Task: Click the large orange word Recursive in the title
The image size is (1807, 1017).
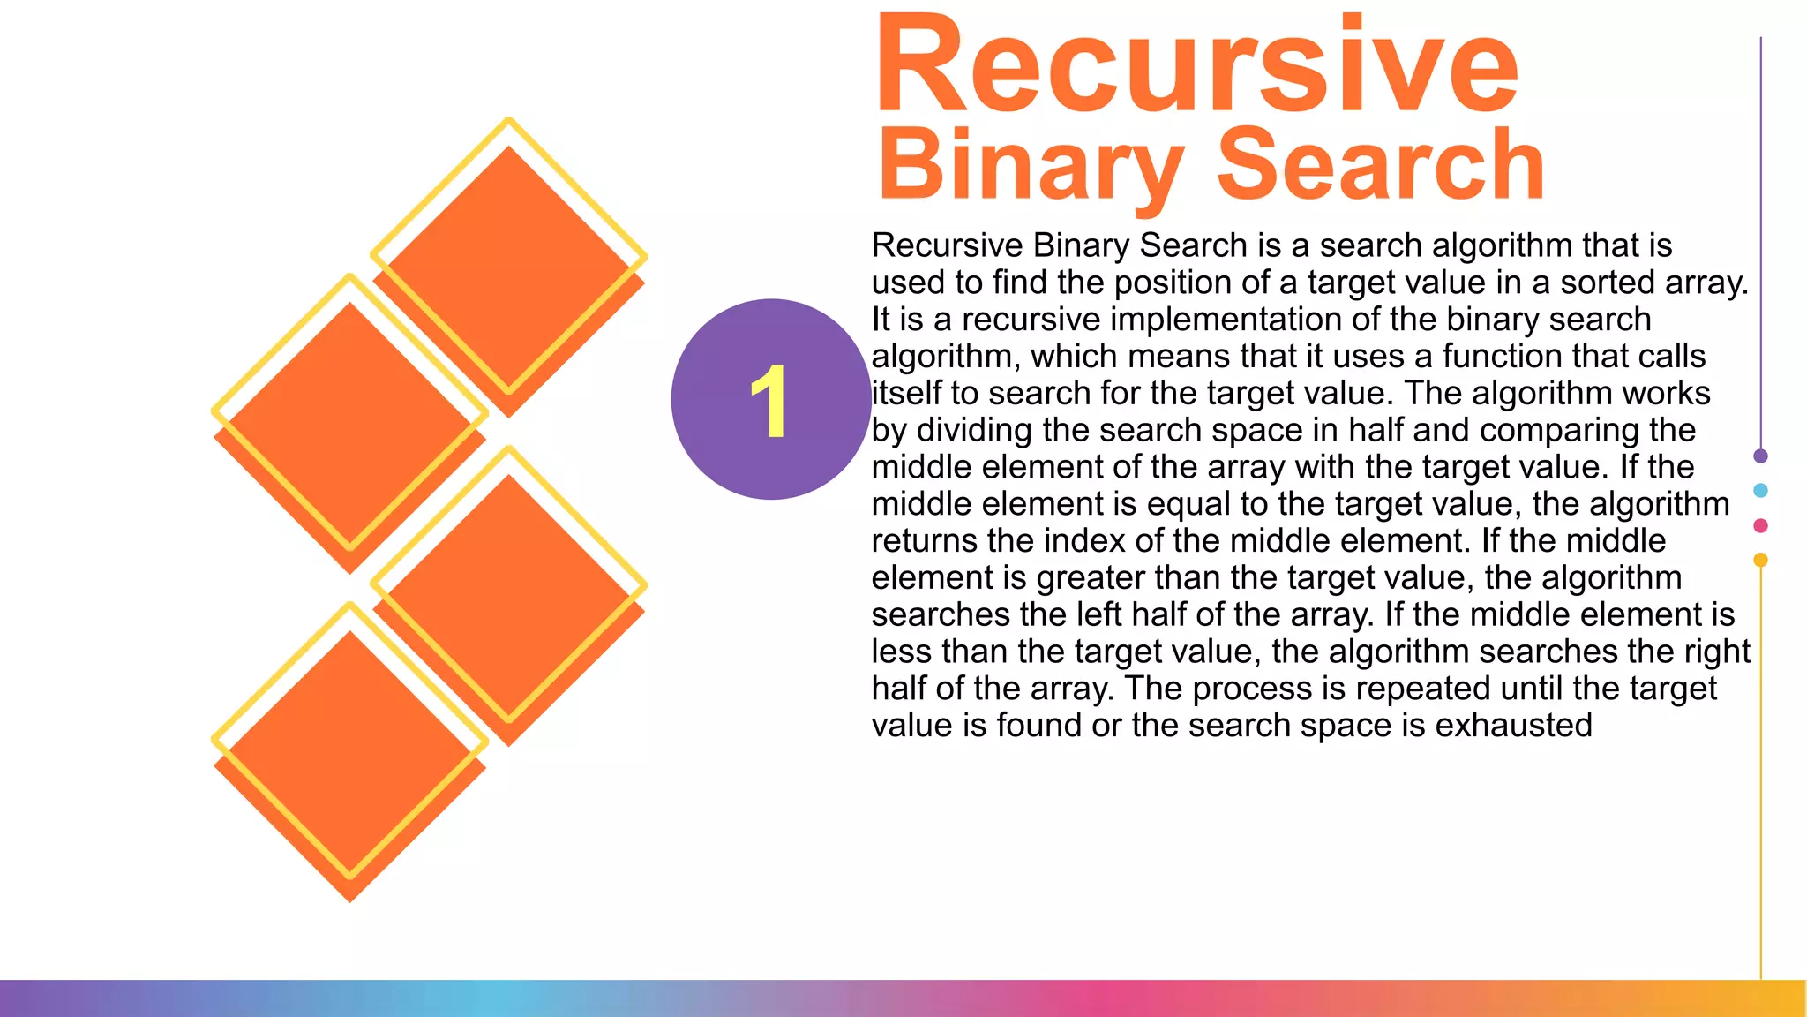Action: pos(1196,66)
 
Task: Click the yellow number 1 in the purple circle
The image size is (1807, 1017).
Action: pos(769,401)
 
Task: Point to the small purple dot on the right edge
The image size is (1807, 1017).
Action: pos(1760,456)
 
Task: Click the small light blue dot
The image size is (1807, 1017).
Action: pos(1760,491)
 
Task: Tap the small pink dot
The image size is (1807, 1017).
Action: pos(1760,526)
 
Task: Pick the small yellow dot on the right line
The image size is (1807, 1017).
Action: pos(1760,560)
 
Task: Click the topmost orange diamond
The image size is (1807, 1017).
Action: pos(509,265)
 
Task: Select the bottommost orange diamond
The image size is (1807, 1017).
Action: pos(349,759)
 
